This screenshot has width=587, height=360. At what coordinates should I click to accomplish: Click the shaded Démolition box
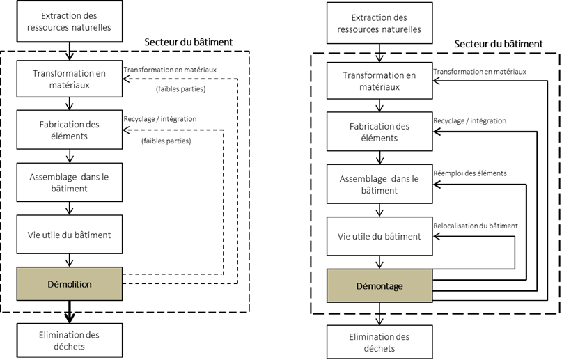(x=70, y=283)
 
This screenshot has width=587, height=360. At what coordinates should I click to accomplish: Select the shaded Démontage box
(x=379, y=285)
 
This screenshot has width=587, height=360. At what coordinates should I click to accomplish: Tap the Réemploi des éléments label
(x=470, y=173)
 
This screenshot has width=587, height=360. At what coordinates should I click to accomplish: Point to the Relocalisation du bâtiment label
(x=476, y=226)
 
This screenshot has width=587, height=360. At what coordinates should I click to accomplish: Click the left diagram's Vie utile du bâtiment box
(x=70, y=234)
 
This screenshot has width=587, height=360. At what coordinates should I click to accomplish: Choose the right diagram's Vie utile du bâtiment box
(x=379, y=236)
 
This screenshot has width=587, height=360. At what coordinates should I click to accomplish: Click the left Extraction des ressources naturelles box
(x=70, y=21)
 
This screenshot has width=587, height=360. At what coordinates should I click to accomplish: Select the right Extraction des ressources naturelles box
(x=379, y=23)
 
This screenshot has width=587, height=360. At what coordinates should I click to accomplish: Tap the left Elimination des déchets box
(x=70, y=341)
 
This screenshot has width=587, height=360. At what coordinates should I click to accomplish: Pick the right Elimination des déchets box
(x=379, y=342)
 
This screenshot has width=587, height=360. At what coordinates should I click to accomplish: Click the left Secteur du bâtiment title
(x=188, y=42)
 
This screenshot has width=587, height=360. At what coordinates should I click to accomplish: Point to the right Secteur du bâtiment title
(x=499, y=44)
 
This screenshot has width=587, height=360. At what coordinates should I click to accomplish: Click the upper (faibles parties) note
(x=181, y=89)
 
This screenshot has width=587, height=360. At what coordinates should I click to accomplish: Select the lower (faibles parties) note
(x=166, y=141)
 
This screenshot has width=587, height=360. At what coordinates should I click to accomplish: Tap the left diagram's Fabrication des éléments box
(x=70, y=130)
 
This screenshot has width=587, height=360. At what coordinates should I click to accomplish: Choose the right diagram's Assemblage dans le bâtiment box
(x=379, y=184)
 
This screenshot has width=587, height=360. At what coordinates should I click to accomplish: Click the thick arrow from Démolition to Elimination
(x=70, y=312)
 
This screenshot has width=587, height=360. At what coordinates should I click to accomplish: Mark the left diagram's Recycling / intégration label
(x=160, y=119)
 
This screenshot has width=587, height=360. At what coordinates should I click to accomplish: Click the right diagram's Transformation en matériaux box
(x=379, y=81)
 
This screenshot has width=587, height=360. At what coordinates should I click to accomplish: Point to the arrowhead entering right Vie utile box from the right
(x=437, y=236)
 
